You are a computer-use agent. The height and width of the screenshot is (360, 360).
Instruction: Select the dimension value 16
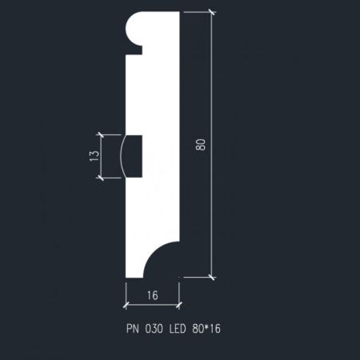click(152, 294)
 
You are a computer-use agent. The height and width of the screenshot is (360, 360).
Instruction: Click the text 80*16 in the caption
click(206, 329)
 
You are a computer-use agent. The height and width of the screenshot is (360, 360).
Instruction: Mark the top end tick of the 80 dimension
click(212, 13)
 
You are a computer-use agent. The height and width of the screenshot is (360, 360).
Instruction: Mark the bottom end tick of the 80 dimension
click(212, 277)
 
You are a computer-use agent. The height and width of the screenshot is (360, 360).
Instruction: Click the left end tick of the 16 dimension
click(127, 305)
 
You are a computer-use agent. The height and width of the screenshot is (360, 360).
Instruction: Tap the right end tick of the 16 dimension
click(178, 305)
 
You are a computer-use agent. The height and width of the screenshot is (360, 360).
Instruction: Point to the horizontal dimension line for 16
click(152, 305)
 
